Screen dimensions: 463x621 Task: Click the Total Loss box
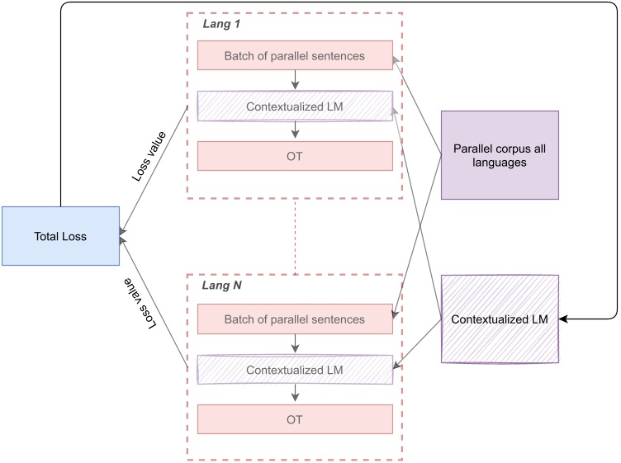[60, 236]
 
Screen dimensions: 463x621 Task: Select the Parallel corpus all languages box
[500, 155]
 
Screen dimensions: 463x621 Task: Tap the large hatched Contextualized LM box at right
[500, 319]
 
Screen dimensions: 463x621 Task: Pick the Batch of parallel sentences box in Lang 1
[294, 56]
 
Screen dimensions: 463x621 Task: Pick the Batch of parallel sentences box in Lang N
[294, 319]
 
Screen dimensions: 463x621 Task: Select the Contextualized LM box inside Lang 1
[294, 106]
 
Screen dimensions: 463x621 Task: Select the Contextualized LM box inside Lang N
[294, 370]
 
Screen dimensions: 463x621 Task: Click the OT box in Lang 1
[294, 156]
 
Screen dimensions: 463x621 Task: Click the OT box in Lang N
[294, 419]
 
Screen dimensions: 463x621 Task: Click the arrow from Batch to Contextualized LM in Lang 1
[295, 80]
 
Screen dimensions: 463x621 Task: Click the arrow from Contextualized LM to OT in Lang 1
[295, 130]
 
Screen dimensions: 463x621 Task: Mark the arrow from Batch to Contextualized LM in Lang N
[295, 343]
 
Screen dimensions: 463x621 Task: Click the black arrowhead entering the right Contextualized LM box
[565, 319]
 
